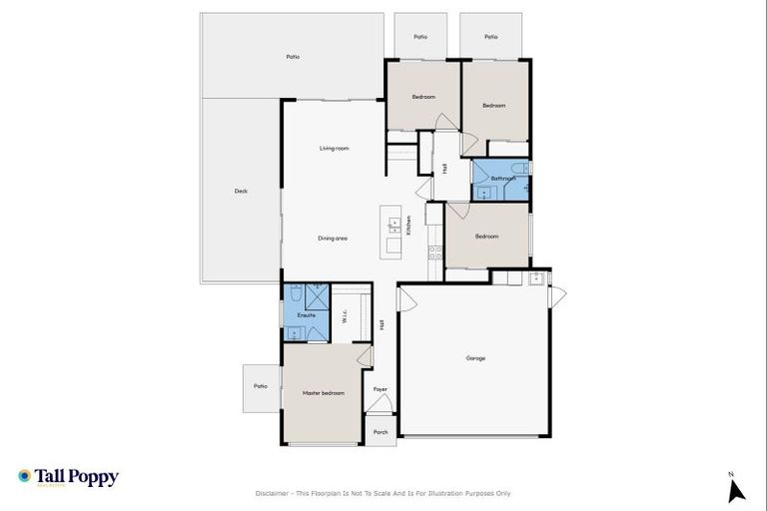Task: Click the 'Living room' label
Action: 335,148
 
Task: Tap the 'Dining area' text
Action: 333,238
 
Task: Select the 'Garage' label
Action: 475,357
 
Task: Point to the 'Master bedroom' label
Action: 324,393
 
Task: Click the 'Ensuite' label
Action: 307,315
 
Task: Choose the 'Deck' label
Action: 241,191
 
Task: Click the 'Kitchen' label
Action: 408,226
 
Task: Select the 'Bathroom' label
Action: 502,179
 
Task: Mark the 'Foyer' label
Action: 380,388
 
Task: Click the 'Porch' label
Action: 380,432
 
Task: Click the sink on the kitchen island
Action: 393,222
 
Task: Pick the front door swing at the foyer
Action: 378,404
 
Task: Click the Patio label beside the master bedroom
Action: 261,386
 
